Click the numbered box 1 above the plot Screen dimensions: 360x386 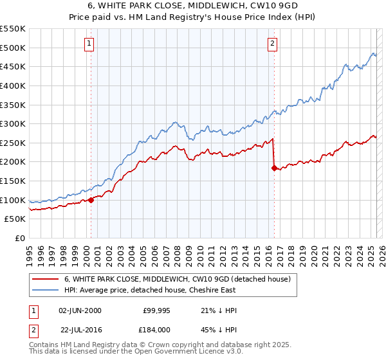click(x=89, y=44)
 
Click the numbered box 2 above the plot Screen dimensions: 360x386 click(x=273, y=44)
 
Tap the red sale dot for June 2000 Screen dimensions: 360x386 click(x=91, y=200)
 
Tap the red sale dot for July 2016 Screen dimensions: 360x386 click(x=275, y=168)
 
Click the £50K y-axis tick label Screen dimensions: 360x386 click(x=15, y=219)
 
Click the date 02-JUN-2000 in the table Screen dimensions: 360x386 click(x=80, y=310)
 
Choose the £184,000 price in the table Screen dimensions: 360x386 click(x=156, y=328)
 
